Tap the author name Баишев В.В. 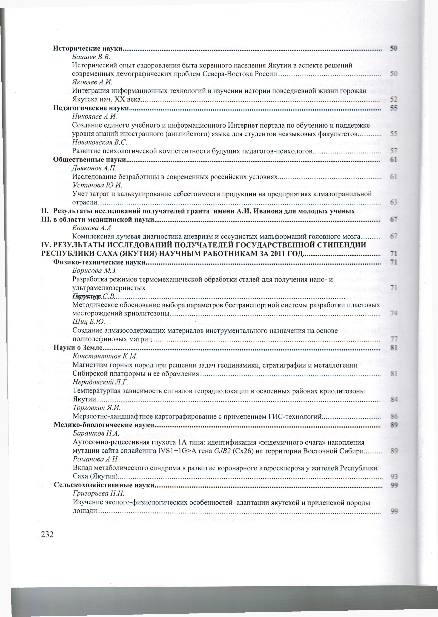click(x=91, y=57)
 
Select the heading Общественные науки click(x=90, y=159)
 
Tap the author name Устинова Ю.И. click(x=97, y=185)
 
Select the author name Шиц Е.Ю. click(x=89, y=322)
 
